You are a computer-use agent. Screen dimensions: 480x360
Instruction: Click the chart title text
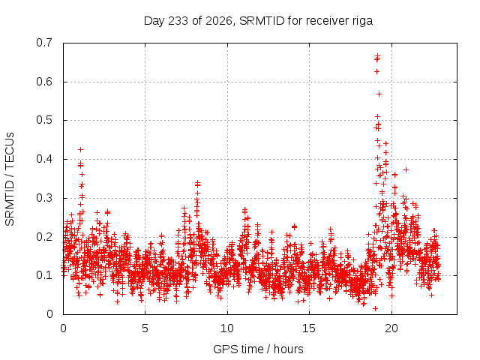(x=258, y=21)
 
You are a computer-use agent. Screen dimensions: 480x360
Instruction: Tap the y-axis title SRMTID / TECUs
(x=10, y=179)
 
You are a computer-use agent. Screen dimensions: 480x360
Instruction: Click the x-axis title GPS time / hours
(x=258, y=349)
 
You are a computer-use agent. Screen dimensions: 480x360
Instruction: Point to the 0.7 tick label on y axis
(x=44, y=43)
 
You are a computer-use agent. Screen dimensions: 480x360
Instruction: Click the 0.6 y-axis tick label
(x=44, y=82)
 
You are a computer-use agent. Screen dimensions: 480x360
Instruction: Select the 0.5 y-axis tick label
(x=44, y=120)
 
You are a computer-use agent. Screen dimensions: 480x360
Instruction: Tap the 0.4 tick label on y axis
(x=44, y=159)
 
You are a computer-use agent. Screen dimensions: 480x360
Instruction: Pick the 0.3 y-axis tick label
(x=44, y=198)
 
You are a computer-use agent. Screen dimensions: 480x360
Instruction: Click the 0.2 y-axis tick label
(x=44, y=237)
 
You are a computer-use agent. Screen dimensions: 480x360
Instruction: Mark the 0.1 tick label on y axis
(x=44, y=275)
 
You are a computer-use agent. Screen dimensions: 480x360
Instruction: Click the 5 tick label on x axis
(x=145, y=328)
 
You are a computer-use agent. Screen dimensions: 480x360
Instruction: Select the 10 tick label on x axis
(x=227, y=328)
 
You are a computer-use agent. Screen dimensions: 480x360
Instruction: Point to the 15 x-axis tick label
(x=309, y=328)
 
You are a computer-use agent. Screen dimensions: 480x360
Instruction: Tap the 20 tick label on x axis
(x=391, y=328)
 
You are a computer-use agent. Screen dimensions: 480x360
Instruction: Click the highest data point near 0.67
(x=377, y=55)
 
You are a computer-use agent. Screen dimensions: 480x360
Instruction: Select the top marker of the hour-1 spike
(x=80, y=149)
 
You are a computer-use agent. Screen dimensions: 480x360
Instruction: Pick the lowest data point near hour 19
(x=375, y=308)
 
